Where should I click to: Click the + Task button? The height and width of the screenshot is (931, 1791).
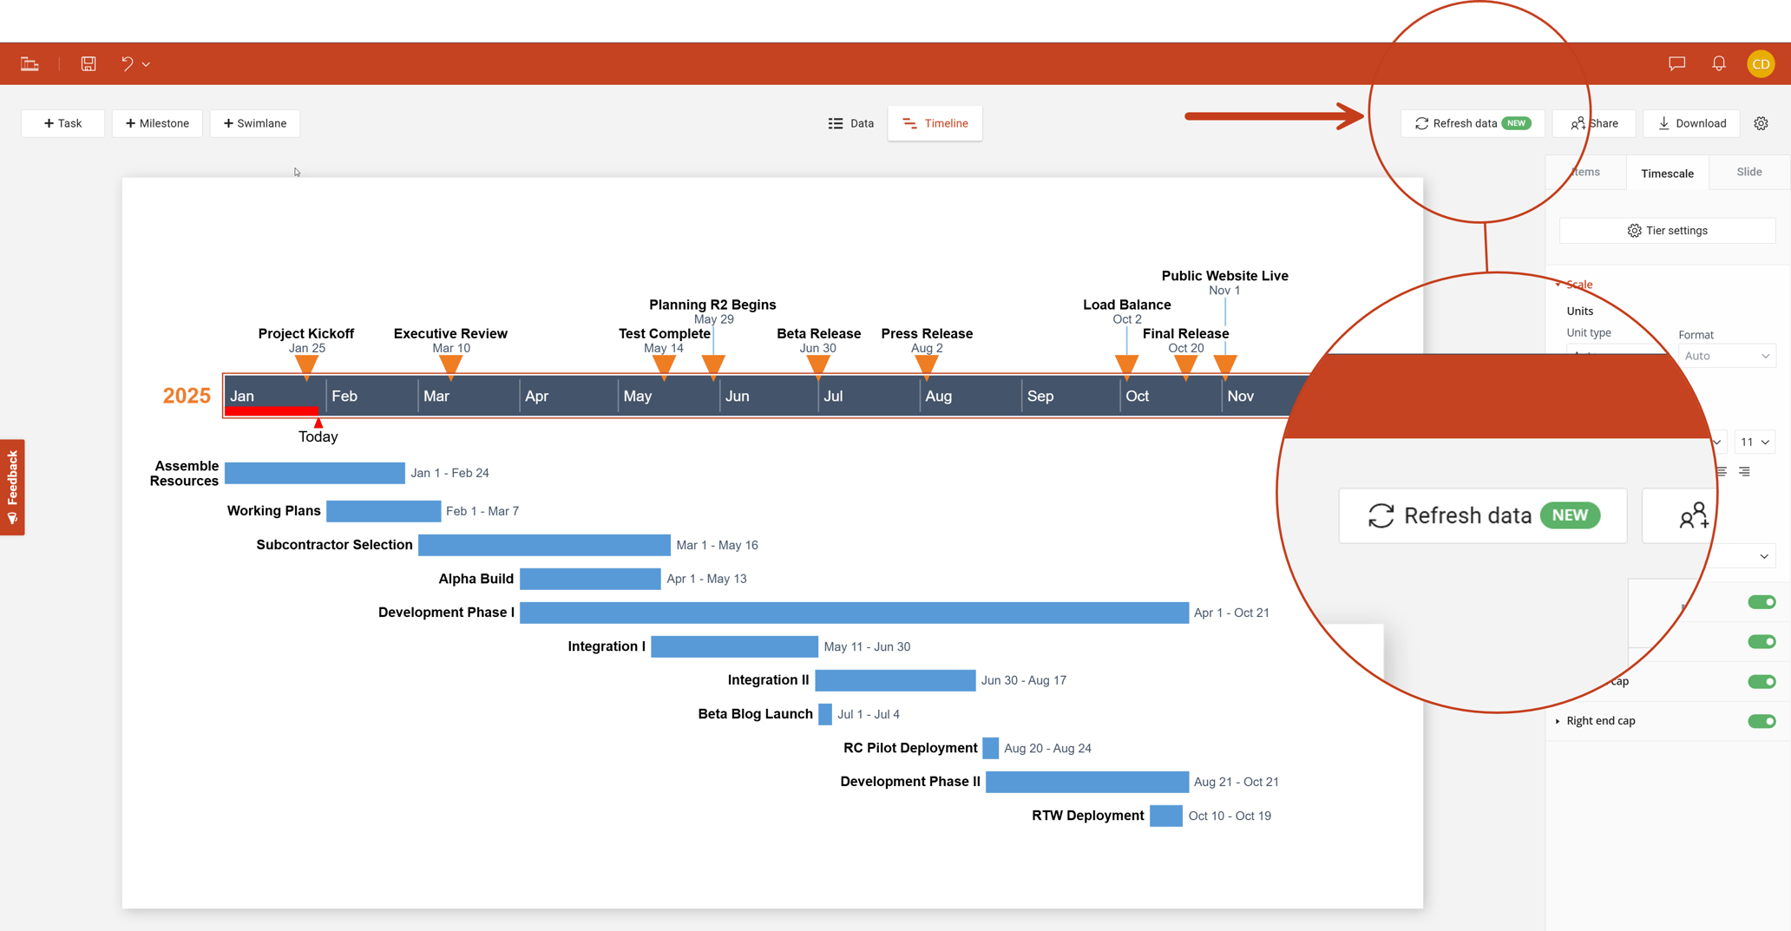tap(62, 123)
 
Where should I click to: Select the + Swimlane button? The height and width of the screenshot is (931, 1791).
tap(254, 123)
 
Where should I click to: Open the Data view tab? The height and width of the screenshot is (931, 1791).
tap(850, 123)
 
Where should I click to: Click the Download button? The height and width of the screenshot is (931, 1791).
tap(1691, 123)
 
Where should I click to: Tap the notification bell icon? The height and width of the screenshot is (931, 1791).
tap(1718, 63)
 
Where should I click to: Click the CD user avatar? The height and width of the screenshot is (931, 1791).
tap(1761, 63)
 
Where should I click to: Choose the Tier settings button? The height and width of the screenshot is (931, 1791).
tap(1667, 231)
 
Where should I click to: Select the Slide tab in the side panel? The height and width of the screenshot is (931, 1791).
tap(1748, 172)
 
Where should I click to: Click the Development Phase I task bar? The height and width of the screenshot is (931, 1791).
tap(853, 613)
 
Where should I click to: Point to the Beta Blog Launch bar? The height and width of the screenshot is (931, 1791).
tap(824, 714)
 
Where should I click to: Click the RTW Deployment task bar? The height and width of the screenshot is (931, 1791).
tap(1165, 816)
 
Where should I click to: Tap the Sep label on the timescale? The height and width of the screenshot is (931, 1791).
tap(1040, 397)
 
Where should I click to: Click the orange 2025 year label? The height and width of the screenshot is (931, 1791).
tap(187, 396)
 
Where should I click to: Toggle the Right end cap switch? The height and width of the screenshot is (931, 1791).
tap(1761, 721)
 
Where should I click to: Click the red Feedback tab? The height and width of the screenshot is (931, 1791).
tap(12, 487)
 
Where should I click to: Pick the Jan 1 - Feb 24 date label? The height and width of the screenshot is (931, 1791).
tap(449, 473)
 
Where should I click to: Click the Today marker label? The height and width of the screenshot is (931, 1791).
tap(318, 436)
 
